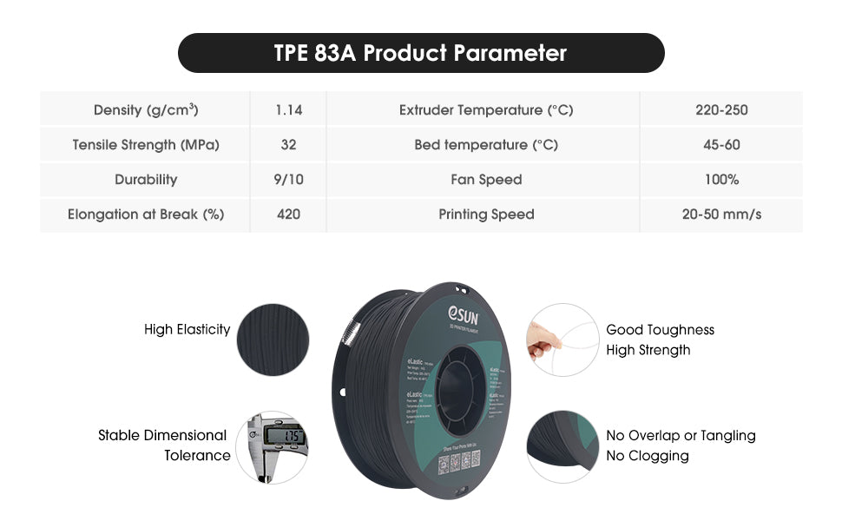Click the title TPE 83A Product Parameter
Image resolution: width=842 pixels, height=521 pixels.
420,53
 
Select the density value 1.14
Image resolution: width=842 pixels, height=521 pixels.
288,110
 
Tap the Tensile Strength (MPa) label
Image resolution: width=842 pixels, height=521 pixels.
146,145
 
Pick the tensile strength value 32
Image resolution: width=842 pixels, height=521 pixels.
288,145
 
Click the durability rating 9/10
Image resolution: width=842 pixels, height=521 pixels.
288,180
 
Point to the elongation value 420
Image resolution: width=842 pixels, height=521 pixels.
288,214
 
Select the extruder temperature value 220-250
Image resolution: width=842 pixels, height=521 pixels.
721,110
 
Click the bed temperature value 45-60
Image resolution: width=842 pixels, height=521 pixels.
721,145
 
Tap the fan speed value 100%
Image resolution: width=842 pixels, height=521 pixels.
721,180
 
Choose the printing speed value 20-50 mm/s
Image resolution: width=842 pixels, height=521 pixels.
721,214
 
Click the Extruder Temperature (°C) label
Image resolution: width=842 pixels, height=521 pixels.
486,110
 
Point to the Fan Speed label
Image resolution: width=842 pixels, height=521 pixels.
486,180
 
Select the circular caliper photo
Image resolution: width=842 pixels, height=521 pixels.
272,446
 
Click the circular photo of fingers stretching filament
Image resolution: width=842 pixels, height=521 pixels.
562,340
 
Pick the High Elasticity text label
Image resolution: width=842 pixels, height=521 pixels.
187,330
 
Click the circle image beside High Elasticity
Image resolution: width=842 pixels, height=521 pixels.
273,340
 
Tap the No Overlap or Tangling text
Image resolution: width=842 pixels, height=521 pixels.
681,436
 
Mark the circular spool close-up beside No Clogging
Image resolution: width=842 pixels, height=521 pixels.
562,446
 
